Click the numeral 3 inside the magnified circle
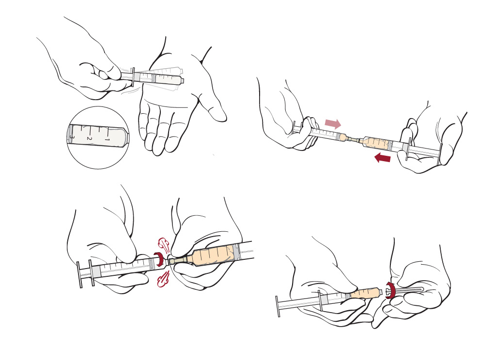(72, 137)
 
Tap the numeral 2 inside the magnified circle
(89, 138)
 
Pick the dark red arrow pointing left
(382, 157)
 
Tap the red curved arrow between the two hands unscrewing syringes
(159, 259)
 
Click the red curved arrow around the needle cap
(390, 290)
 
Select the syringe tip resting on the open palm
(181, 80)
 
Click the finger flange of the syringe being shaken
(133, 76)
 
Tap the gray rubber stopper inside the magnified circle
(70, 134)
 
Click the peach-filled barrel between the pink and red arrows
(375, 143)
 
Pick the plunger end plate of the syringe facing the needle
(278, 306)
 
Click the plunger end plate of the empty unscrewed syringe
(79, 274)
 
